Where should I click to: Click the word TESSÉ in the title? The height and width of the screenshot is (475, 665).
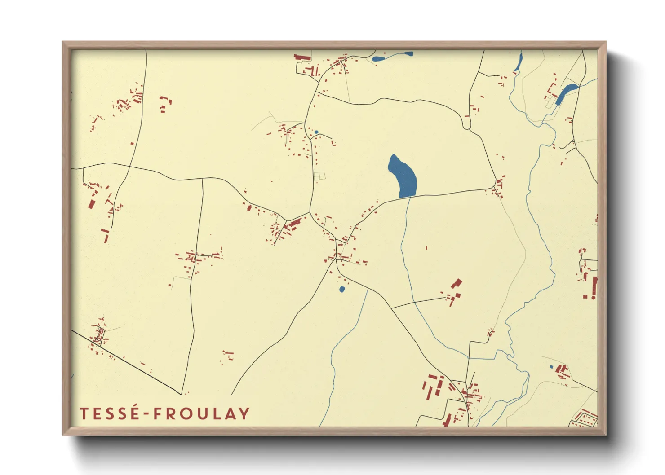click(x=110, y=413)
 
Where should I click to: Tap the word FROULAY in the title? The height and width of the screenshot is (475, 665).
click(x=201, y=413)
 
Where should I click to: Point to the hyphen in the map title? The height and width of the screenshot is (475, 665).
click(x=146, y=414)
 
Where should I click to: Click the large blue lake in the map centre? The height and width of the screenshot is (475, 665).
click(x=403, y=176)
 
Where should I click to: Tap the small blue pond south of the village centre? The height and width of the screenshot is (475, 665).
click(x=342, y=289)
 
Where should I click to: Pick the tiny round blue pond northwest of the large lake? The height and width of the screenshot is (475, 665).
click(x=316, y=132)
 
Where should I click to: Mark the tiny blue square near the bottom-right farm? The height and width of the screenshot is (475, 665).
click(x=551, y=367)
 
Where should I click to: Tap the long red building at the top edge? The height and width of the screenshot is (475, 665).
click(x=302, y=57)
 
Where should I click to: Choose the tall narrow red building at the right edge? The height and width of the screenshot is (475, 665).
click(x=594, y=287)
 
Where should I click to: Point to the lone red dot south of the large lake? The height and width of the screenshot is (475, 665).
click(x=426, y=247)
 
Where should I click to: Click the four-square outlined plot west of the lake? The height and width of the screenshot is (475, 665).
click(x=319, y=176)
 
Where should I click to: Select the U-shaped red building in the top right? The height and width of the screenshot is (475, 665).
click(x=551, y=91)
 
